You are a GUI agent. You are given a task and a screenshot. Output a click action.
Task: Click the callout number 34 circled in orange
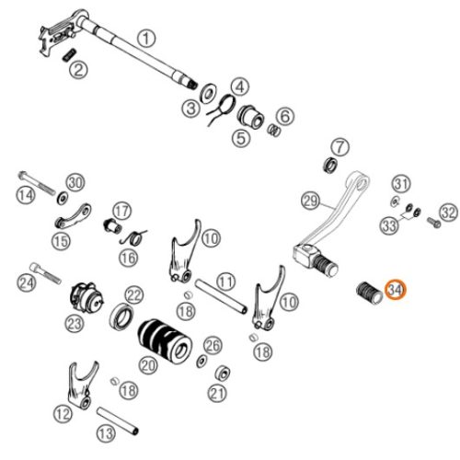point(396,290)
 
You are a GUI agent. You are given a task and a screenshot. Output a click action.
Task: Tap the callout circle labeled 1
point(146,39)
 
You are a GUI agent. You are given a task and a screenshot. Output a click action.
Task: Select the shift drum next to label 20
point(165,341)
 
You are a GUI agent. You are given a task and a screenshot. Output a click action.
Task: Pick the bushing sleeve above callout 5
point(251,117)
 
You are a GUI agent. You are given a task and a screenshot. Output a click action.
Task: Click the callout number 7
point(339,147)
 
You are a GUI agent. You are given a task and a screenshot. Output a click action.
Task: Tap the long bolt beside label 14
point(37,183)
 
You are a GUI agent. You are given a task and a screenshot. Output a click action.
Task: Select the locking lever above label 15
point(73,216)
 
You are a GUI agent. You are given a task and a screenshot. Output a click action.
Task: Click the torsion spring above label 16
point(133,237)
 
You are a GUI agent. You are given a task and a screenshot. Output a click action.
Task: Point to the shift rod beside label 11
point(222,296)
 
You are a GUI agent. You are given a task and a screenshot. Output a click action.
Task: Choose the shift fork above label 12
point(81,385)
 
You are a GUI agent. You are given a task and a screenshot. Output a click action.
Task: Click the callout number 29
point(310,201)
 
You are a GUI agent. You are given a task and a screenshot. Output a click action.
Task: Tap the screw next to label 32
point(434,223)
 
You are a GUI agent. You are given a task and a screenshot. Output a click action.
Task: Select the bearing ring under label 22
point(121,317)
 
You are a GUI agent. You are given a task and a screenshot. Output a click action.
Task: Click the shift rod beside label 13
point(118,420)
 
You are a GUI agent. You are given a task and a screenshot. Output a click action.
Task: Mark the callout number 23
point(75,323)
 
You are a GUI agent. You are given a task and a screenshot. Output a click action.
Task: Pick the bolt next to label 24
point(45,273)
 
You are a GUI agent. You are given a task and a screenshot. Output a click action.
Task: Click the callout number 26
point(213,346)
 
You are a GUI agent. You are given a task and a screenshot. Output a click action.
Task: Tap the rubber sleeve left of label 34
point(370,293)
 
